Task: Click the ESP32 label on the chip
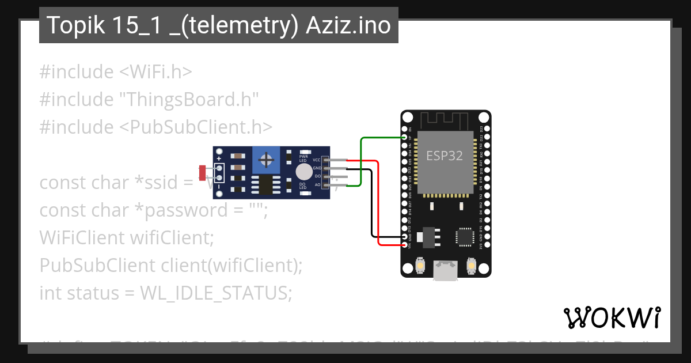[444, 156]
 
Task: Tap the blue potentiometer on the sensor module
[265, 158]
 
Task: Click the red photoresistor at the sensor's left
[202, 171]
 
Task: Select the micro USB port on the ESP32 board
[446, 270]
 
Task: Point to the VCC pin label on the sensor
[317, 159]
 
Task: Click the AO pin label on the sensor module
[317, 185]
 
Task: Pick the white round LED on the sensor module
[304, 171]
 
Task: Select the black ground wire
[370, 207]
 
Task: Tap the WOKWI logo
[612, 317]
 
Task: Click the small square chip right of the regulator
[464, 237]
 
